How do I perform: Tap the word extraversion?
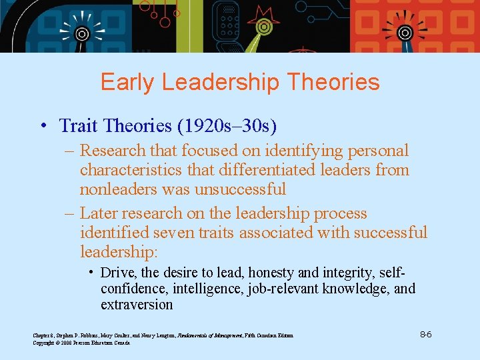pos(137,305)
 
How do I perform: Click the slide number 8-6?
pos(425,333)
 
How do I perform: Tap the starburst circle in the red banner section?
pos(404,32)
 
